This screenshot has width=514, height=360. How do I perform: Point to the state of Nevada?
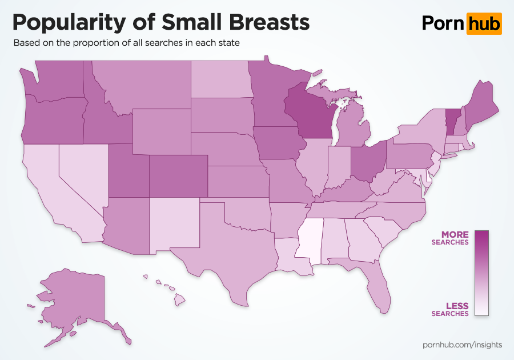[x=80, y=174]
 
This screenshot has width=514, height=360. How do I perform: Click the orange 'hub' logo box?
[x=484, y=23]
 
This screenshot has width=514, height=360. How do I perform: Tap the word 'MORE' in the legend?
[x=455, y=234]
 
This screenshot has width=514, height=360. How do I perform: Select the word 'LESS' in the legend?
[x=457, y=306]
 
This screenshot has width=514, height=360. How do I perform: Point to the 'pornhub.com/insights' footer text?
[x=463, y=345]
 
